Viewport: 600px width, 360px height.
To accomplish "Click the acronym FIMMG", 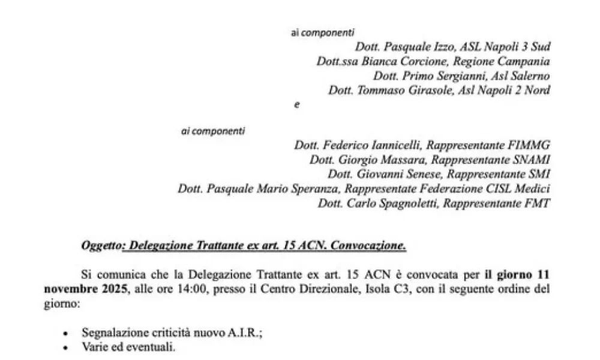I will tap(530, 145).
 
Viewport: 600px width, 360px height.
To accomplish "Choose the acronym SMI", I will tap(538, 175).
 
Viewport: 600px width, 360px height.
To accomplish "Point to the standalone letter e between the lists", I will tap(296, 105).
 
